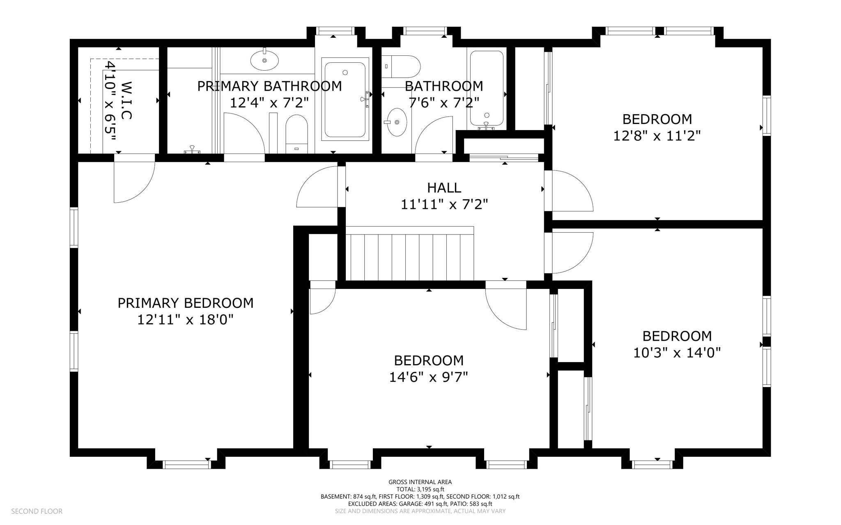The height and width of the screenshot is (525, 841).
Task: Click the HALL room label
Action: coord(444,188)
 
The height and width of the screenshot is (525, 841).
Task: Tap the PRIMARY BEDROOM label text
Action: coord(185,303)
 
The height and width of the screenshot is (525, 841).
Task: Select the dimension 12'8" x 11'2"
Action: coord(657,135)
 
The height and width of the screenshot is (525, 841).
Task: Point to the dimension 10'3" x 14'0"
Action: coord(677,353)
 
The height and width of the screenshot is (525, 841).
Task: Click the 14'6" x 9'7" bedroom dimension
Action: coord(428,377)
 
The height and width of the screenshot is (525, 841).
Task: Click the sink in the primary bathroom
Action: coord(264,60)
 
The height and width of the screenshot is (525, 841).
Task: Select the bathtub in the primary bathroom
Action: coord(345,99)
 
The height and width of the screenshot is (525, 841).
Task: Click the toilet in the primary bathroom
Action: coord(296,133)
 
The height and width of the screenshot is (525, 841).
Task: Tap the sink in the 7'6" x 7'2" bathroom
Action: coord(397,122)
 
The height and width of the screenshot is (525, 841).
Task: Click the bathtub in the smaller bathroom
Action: coord(487,88)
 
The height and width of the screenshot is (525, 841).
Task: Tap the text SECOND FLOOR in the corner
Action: coord(37,511)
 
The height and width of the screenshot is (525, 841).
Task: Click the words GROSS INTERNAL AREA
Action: coord(420,482)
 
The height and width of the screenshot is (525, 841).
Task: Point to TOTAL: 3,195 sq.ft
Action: coord(420,489)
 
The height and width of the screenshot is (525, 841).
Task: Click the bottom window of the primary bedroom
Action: coord(187,465)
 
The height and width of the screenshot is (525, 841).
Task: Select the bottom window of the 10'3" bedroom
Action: coord(652,465)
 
